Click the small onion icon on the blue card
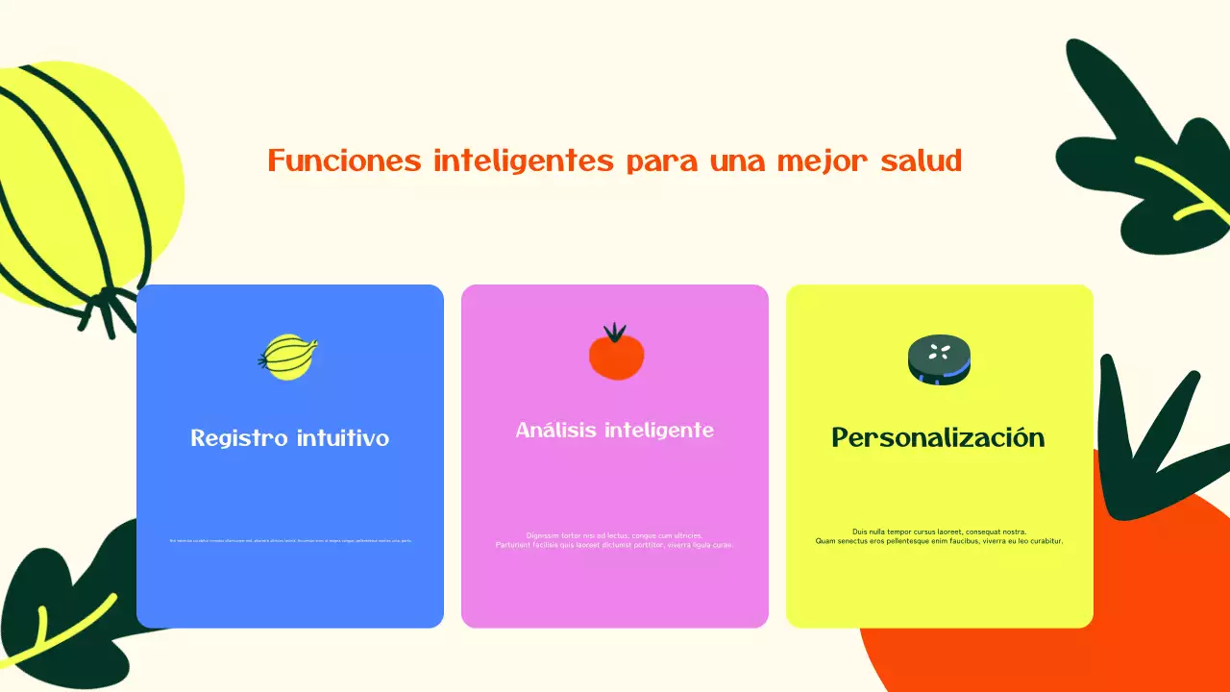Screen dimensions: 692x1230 click(288, 357)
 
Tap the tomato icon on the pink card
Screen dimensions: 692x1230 click(616, 356)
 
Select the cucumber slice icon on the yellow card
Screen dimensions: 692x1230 click(939, 359)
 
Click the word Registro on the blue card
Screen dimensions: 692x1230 click(239, 438)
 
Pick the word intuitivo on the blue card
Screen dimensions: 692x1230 click(341, 438)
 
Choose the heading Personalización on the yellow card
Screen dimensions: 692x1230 click(938, 437)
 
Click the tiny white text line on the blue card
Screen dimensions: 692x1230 click(290, 540)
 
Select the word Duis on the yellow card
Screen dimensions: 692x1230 click(860, 531)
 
